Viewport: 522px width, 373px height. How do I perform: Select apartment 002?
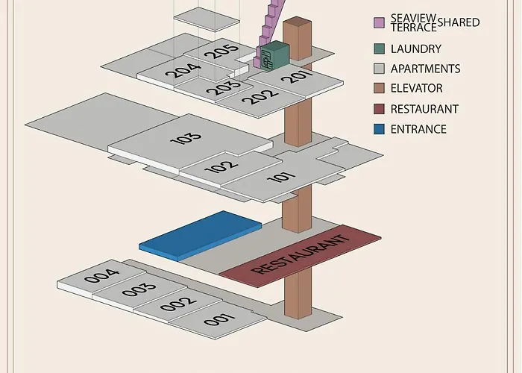point(179,304)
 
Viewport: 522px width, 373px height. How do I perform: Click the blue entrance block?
point(200,233)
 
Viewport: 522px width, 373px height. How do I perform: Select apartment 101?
point(281,178)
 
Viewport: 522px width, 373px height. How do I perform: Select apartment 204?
point(183,72)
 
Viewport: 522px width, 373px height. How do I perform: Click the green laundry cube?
point(274,57)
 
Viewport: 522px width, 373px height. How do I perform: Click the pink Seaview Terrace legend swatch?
point(379,22)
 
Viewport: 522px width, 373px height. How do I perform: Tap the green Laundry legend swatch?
point(379,49)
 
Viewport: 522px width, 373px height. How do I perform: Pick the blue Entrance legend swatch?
point(379,129)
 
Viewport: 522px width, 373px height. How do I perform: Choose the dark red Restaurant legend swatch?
point(379,109)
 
